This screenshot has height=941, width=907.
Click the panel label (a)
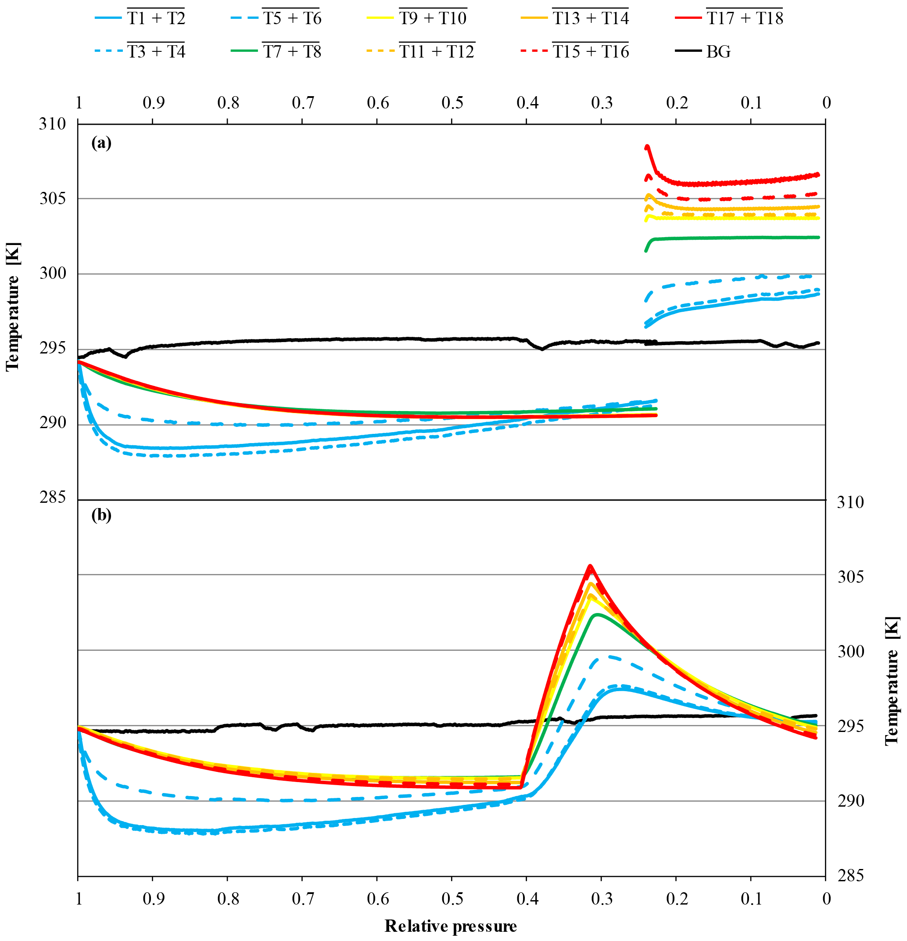pos(101,143)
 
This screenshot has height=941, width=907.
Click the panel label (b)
pos(101,515)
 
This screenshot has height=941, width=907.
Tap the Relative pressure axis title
pos(451,925)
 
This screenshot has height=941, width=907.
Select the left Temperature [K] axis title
pos(13,307)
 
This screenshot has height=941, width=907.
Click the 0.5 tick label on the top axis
pos(452,103)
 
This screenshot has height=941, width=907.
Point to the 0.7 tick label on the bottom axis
pos(303,898)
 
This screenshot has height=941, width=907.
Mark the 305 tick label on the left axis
pos(52,198)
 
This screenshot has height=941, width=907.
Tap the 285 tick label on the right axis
pos(850,876)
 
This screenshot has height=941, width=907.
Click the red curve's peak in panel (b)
pos(590,566)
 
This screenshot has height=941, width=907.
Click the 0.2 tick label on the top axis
pos(677,103)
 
